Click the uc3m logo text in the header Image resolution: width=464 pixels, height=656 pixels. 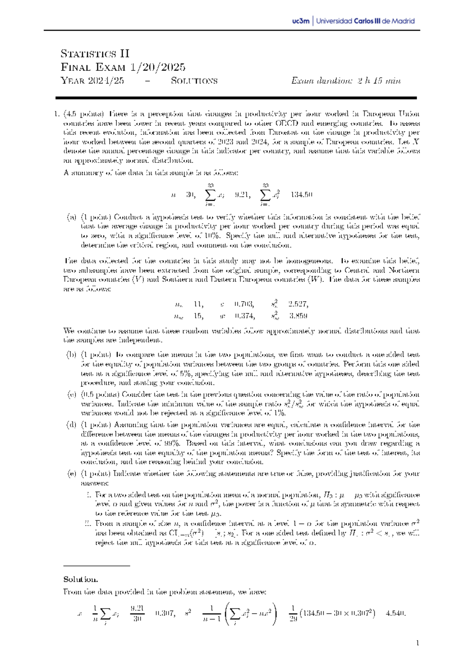(301, 21)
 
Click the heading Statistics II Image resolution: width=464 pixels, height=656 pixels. (95, 53)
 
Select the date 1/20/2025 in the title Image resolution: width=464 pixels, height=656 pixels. (157, 67)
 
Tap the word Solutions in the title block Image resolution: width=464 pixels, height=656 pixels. (194, 81)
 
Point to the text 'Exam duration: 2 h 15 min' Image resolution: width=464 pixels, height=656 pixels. (346, 81)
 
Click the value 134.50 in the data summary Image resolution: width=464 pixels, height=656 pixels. (301, 195)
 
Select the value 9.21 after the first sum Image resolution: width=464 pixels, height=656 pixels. (242, 195)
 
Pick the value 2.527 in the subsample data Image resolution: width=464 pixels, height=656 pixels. (298, 304)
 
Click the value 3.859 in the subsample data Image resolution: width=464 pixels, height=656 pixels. (298, 316)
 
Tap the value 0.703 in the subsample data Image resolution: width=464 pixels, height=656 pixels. (244, 304)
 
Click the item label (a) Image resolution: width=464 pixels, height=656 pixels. (72, 217)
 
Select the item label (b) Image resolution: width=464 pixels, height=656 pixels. (72, 355)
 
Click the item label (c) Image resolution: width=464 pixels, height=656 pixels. (72, 395)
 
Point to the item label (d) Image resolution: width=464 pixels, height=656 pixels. (72, 425)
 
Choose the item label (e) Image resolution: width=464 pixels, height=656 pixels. (72, 473)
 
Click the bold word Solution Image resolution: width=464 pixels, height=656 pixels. (80, 579)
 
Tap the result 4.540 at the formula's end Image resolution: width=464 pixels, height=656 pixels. (396, 613)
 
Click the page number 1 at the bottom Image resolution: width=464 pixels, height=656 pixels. (418, 643)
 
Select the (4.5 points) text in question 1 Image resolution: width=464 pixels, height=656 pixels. (84, 114)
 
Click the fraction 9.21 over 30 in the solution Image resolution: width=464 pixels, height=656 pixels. (137, 613)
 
